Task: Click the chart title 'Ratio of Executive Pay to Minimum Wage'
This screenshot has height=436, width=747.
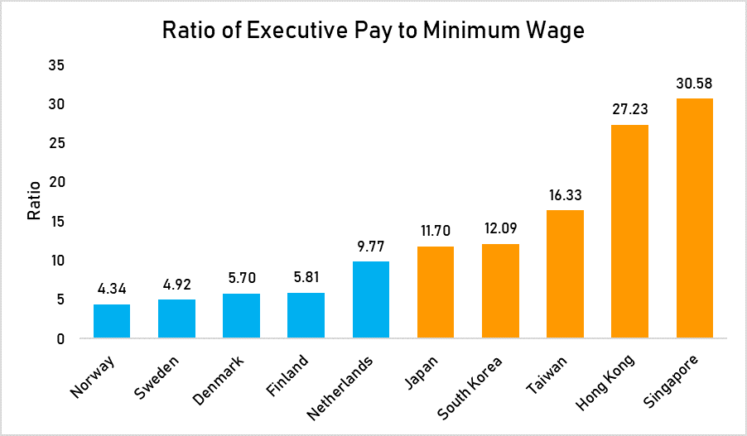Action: point(373,31)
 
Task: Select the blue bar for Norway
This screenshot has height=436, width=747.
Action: point(112,321)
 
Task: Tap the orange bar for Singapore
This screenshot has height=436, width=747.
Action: point(694,218)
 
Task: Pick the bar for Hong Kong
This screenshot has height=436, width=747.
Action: point(629,232)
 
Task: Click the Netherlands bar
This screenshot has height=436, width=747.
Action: point(371,299)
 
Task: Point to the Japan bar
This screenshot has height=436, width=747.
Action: point(436,292)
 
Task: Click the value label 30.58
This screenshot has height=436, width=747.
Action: point(694,84)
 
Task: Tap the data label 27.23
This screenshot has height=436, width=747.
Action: point(629,110)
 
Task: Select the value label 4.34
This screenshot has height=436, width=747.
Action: point(112,290)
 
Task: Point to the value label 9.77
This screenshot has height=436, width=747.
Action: point(371,247)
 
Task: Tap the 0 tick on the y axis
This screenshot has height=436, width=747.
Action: point(60,338)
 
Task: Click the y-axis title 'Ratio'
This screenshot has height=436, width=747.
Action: point(34,202)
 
